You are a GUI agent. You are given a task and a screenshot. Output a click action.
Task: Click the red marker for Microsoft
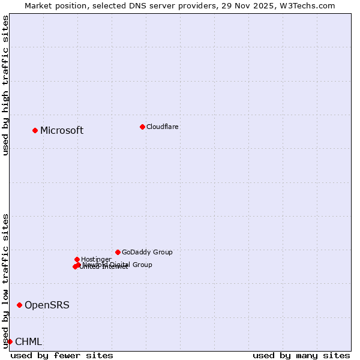(35, 130)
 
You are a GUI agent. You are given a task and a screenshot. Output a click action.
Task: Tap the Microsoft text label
(62, 131)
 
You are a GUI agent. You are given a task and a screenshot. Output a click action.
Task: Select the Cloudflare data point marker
(142, 127)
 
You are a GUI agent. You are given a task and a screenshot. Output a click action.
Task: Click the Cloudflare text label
(163, 127)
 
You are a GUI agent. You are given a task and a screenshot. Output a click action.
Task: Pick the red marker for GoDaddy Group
(118, 252)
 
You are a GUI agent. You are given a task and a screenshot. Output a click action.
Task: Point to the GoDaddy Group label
(147, 252)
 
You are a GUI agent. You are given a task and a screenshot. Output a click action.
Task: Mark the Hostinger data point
(77, 259)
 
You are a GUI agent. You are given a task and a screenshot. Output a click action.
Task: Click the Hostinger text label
(96, 259)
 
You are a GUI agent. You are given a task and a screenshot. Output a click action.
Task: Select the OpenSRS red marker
(19, 305)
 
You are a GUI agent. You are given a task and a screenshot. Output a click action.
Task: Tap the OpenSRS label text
(47, 305)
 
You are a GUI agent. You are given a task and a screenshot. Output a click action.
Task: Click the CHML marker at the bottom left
(10, 341)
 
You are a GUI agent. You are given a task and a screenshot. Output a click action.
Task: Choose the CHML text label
(28, 342)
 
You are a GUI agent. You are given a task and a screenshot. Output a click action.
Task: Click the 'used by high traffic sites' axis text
(5, 85)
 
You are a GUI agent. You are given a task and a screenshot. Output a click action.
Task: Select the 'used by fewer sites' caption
(62, 355)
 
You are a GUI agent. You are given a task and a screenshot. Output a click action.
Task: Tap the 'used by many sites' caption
(301, 355)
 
